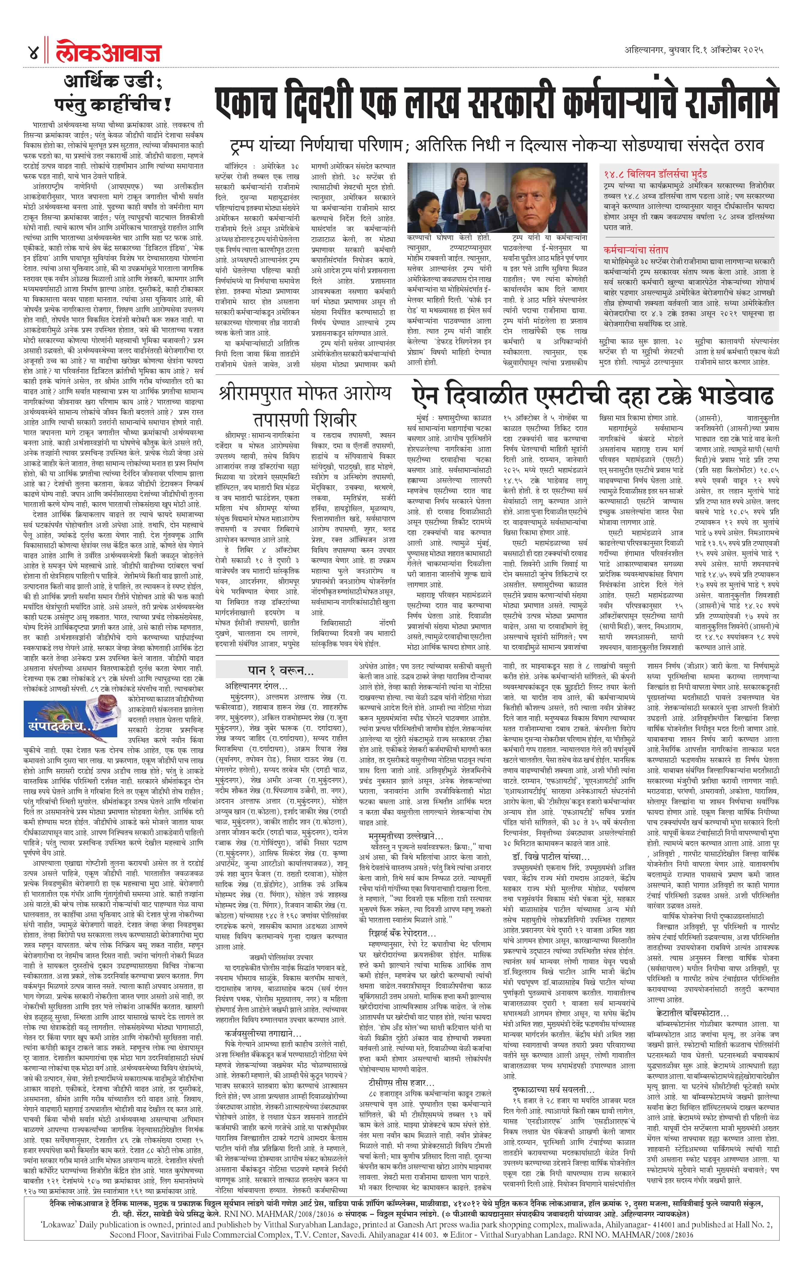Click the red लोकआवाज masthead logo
coord(109,53)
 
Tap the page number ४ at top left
coord(33,53)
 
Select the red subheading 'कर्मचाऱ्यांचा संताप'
coord(636,249)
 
